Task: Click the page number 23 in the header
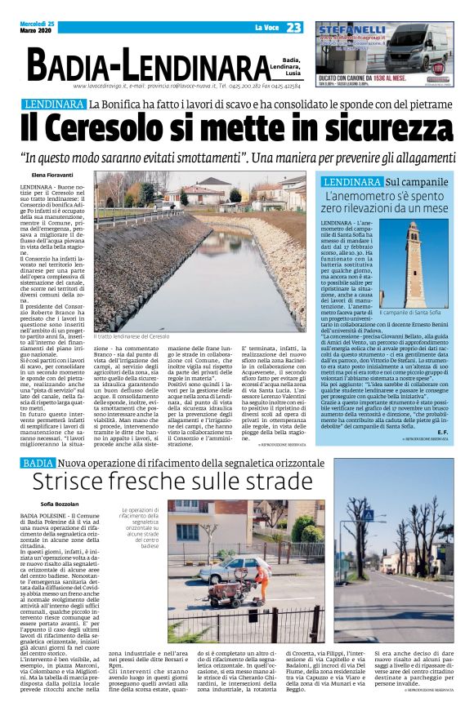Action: (x=293, y=28)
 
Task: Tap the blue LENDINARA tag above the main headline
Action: (x=55, y=104)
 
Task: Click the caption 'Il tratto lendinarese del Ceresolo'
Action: (x=132, y=336)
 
